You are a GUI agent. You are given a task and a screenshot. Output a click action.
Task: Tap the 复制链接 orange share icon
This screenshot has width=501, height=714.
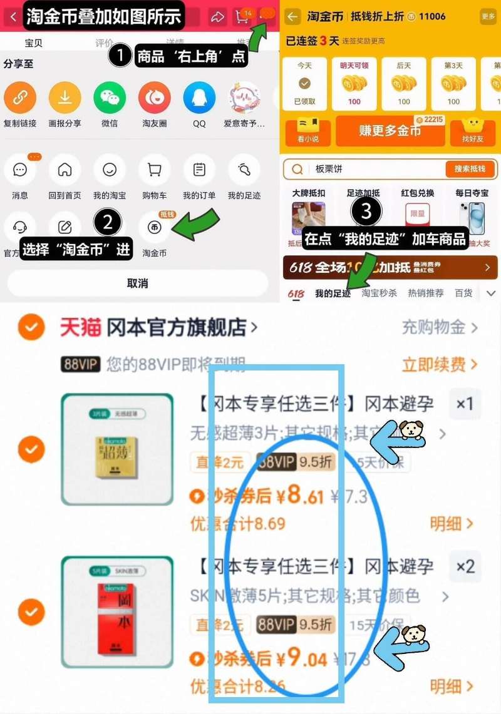[x=20, y=98]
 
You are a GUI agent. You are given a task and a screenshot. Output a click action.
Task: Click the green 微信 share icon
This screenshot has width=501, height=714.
[x=110, y=98]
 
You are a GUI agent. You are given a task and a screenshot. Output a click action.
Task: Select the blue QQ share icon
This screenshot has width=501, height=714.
[x=199, y=98]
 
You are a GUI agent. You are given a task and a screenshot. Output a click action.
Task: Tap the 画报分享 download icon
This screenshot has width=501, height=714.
[x=65, y=98]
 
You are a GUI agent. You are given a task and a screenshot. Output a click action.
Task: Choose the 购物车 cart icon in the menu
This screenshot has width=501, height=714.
[x=154, y=170]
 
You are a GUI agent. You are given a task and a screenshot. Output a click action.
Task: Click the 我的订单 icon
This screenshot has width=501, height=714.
[x=199, y=170]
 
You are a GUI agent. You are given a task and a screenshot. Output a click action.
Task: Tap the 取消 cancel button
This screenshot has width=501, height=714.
[x=137, y=283]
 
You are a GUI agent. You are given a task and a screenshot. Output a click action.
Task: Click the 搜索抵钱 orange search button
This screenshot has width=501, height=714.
[x=470, y=169]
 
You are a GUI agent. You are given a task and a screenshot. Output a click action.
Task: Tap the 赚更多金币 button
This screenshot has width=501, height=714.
[x=390, y=131]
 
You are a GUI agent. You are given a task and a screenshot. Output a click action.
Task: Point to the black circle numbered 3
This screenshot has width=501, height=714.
[x=366, y=212]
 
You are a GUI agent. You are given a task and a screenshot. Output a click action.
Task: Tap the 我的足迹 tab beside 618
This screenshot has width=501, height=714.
[x=333, y=293]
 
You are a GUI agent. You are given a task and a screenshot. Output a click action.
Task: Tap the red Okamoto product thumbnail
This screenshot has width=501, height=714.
[x=117, y=611]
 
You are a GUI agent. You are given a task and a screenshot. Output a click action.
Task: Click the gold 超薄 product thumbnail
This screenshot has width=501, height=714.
[x=117, y=449]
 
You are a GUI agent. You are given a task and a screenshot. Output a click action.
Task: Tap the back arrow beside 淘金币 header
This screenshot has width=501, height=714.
[x=292, y=16]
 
